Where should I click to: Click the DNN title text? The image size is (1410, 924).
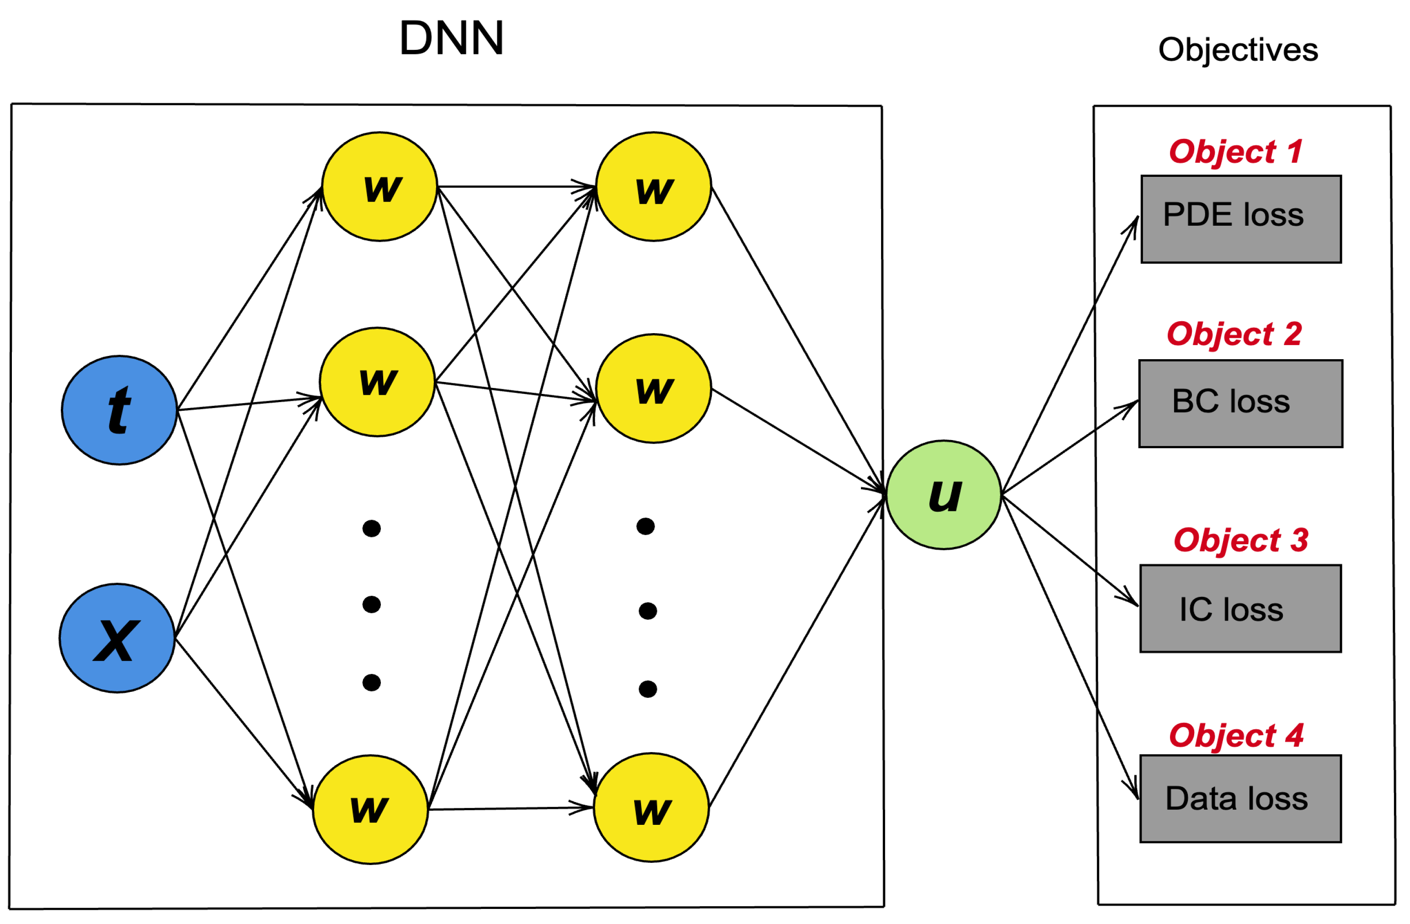coord(451,38)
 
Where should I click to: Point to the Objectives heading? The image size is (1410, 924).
coord(1238,50)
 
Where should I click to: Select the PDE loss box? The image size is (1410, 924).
coord(1241,219)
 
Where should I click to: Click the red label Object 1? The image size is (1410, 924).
coord(1236,152)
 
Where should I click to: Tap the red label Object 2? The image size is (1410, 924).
coord(1234,335)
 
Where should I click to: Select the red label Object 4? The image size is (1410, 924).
coord(1236,736)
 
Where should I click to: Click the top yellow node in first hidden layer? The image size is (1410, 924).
coord(380,186)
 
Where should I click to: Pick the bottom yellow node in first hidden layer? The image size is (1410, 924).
coord(370,810)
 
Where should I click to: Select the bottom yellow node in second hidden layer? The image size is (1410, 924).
coord(651,808)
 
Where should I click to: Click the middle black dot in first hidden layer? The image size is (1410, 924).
coord(371,605)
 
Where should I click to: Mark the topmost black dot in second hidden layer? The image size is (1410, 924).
coord(645,526)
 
